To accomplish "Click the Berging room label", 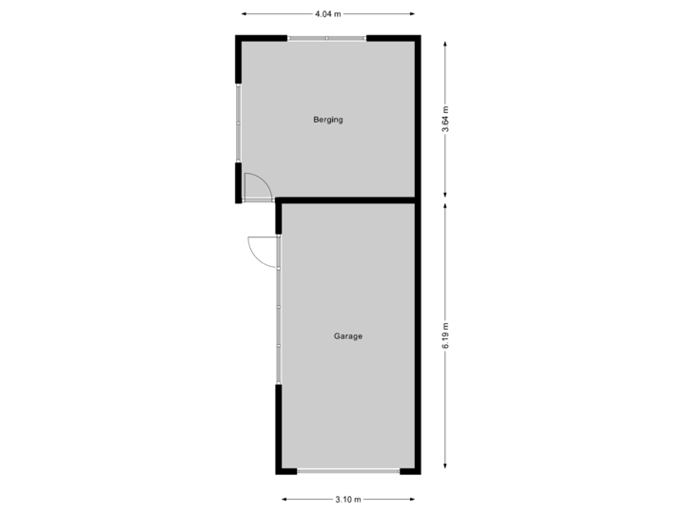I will point(327,120).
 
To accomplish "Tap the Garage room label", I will point(348,336).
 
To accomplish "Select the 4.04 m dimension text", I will point(328,14).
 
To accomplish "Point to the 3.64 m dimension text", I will point(445,120).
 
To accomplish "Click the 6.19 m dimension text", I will point(445,335).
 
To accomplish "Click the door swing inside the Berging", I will point(257,187).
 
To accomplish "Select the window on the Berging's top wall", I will point(327,38).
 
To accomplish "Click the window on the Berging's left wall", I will point(238,123).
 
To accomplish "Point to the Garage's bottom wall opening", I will point(348,471).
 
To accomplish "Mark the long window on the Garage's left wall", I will point(279,309).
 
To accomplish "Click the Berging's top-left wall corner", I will point(238,39).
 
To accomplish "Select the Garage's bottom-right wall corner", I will point(417,471).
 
